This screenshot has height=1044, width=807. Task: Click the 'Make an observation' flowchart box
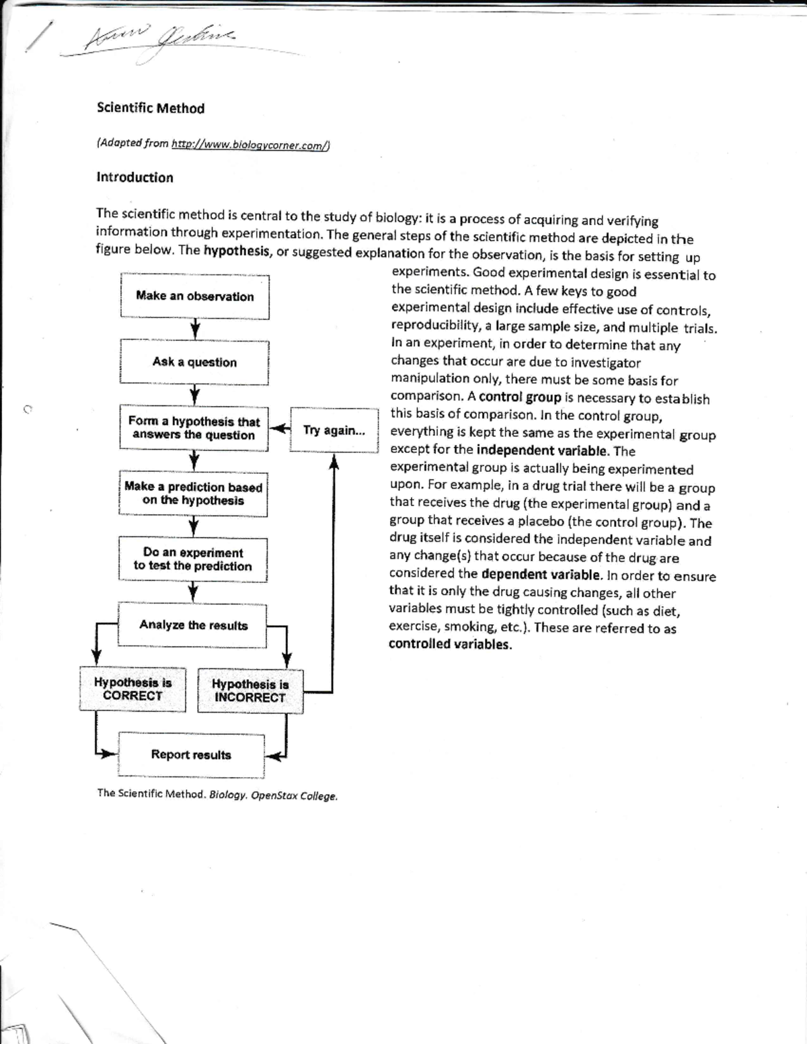194,296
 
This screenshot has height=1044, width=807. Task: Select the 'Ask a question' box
194,362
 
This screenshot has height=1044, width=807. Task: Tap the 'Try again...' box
334,430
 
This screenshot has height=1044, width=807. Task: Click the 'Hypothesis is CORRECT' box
132,689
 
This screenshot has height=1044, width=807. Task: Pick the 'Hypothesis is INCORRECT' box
250,691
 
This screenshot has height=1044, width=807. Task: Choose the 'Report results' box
191,755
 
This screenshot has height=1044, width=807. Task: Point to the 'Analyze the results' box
193,625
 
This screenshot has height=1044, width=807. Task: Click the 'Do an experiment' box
192,559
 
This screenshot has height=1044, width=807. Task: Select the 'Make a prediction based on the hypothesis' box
193,493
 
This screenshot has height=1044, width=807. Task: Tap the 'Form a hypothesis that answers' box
194,428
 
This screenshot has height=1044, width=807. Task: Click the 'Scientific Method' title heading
151,108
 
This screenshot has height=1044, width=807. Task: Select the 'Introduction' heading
134,177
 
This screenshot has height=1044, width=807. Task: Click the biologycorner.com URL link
250,145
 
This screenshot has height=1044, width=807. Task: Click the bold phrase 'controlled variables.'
450,644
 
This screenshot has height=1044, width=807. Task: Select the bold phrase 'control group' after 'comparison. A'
520,397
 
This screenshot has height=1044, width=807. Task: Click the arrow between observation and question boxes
195,329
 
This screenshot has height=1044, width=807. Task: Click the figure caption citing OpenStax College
217,795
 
